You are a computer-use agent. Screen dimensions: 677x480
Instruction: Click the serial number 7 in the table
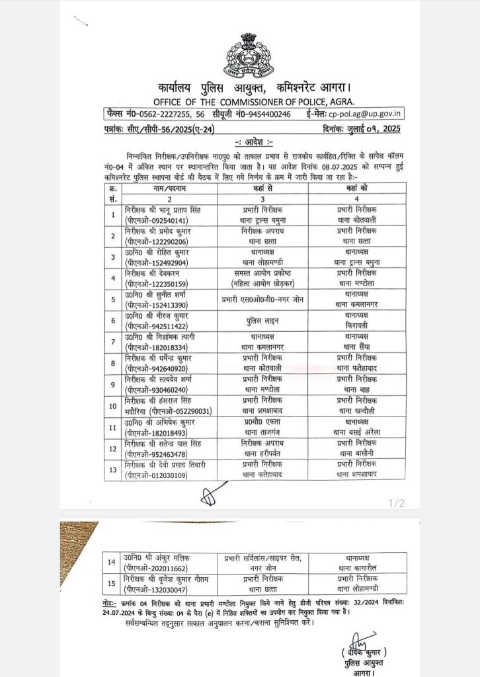[113, 342]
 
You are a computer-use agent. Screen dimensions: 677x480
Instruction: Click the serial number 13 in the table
[113, 469]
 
